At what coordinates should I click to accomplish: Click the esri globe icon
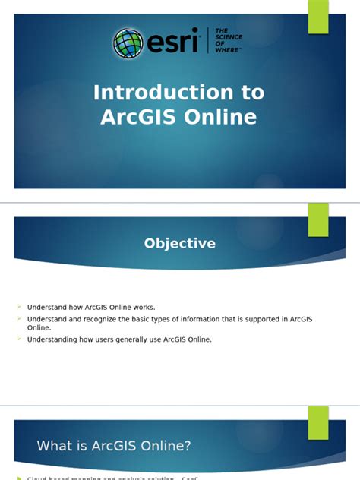128,43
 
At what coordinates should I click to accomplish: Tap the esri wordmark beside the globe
171,43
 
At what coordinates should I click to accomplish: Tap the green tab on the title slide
318,17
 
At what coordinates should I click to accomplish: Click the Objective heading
180,244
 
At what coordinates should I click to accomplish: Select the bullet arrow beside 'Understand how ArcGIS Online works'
20,307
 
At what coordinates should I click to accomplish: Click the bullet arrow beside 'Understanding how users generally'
20,339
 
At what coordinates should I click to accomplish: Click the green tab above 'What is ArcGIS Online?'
318,422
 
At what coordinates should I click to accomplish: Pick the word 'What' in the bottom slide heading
55,446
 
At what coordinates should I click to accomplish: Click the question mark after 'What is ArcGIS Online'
187,446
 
